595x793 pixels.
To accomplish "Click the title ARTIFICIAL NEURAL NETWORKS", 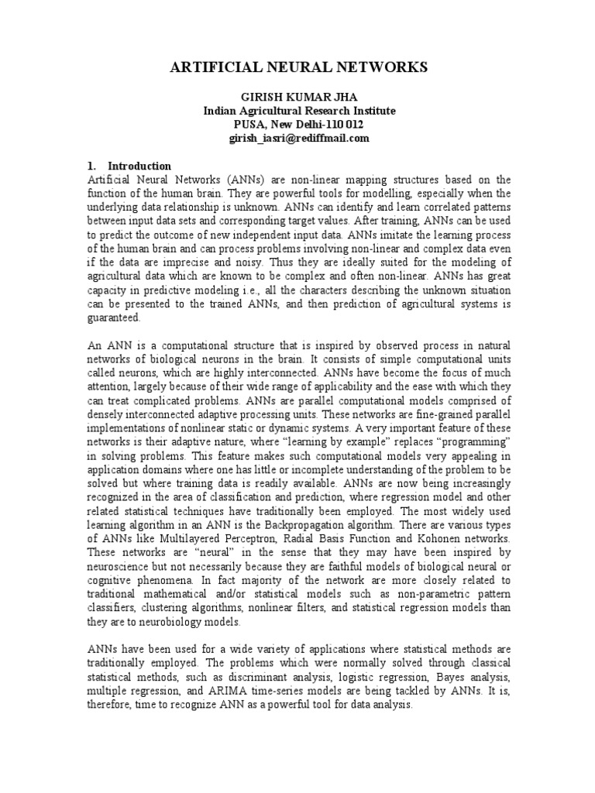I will point(298,69).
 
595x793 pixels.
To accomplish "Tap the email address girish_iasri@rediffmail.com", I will point(298,138).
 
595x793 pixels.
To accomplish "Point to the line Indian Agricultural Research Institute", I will point(298,111).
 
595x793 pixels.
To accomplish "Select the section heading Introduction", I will point(139,166).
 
